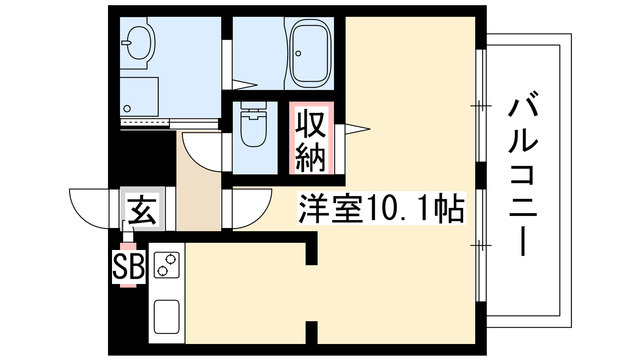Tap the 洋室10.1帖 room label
[381, 208]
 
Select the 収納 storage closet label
[311, 140]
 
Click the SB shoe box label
[129, 266]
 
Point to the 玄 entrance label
[142, 210]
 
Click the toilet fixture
[253, 123]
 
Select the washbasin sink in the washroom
[140, 42]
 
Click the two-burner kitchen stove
[166, 265]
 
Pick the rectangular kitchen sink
[166, 317]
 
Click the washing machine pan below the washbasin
[139, 96]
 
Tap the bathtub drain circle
[298, 53]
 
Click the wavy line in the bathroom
[284, 52]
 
